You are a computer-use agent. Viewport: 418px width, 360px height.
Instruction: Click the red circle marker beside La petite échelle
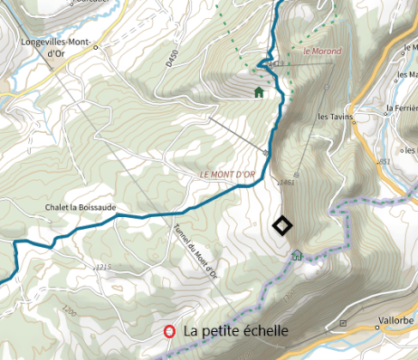[169, 332]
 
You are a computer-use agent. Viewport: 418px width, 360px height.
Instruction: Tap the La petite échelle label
[235, 332]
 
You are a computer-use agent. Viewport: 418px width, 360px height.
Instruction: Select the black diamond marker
[282, 225]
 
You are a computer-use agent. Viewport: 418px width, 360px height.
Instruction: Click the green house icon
[259, 91]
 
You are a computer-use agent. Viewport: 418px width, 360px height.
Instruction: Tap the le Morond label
[323, 52]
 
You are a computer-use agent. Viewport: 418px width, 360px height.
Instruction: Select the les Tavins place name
[335, 117]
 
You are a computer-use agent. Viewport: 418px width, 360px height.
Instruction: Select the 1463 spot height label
[288, 183]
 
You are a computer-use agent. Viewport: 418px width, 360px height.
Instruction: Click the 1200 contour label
[70, 310]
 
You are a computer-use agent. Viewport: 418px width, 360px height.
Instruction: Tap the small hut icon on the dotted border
[296, 255]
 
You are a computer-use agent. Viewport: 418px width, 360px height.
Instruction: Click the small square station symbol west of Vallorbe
[342, 322]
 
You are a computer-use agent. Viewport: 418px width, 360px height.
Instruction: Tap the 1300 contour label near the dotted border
[290, 297]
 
